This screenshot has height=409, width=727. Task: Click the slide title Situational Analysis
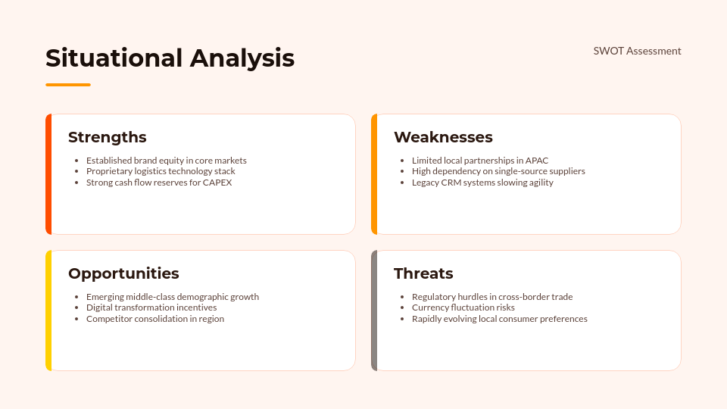click(170, 58)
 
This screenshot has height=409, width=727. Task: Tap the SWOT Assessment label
click(637, 51)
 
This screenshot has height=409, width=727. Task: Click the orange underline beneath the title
click(68, 85)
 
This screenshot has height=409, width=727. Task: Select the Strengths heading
click(108, 137)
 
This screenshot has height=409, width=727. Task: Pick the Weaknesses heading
click(443, 137)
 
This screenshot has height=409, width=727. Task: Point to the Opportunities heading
click(123, 273)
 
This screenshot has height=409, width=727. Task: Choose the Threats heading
click(423, 273)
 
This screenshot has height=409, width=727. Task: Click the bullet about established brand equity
click(166, 161)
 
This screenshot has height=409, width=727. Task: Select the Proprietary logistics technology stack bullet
click(161, 171)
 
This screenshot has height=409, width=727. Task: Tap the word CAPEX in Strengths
click(217, 183)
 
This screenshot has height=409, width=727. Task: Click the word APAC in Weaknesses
click(536, 161)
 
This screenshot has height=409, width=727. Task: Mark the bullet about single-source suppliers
click(498, 171)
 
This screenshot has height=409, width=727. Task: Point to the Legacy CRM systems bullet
click(482, 183)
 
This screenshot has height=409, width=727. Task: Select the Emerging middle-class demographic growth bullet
click(172, 297)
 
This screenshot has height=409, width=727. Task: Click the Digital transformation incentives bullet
click(151, 308)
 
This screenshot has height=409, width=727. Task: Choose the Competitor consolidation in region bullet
click(154, 319)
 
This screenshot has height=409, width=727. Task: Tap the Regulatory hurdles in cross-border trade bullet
click(491, 297)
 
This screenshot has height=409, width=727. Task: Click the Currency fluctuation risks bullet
click(463, 308)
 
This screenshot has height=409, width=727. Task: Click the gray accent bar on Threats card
click(374, 311)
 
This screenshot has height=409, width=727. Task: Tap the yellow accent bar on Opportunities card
click(48, 311)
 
